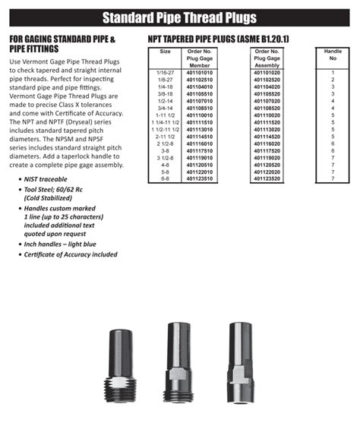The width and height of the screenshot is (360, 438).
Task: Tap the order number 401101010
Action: [x=200, y=73]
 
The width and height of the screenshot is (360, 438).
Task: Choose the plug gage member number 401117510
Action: [x=200, y=150]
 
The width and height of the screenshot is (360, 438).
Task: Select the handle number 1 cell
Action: [x=333, y=73]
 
